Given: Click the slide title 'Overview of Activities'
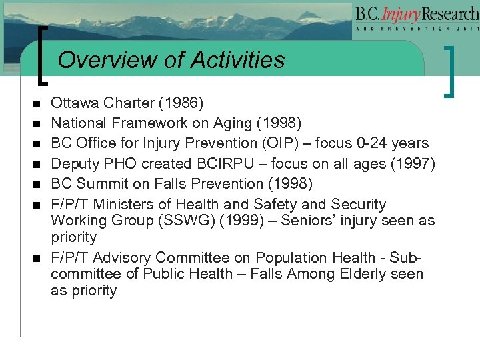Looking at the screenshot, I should [171, 60].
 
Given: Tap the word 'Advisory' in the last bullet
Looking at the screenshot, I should [123, 257].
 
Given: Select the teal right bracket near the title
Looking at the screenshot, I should [454, 70].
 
